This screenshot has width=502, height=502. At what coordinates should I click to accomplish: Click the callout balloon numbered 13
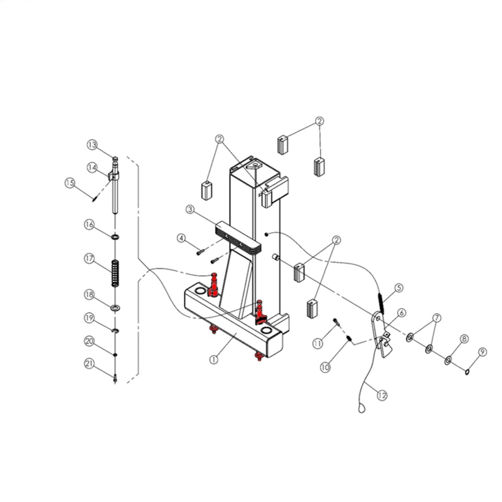pos(92,145)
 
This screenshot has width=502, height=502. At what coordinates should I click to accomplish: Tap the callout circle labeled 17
pos(90,259)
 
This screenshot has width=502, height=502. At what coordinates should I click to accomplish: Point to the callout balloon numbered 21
pos(90,364)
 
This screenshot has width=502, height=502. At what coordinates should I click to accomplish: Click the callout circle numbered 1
pos(214,360)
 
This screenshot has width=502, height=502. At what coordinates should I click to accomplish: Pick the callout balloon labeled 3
pos(190,210)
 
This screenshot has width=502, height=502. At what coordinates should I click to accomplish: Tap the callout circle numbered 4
pos(181,238)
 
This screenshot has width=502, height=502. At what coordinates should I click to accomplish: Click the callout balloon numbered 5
pos(399,288)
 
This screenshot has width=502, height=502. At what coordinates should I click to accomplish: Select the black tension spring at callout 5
pos(381,304)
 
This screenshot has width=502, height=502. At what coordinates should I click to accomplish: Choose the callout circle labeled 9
pos(483,352)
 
